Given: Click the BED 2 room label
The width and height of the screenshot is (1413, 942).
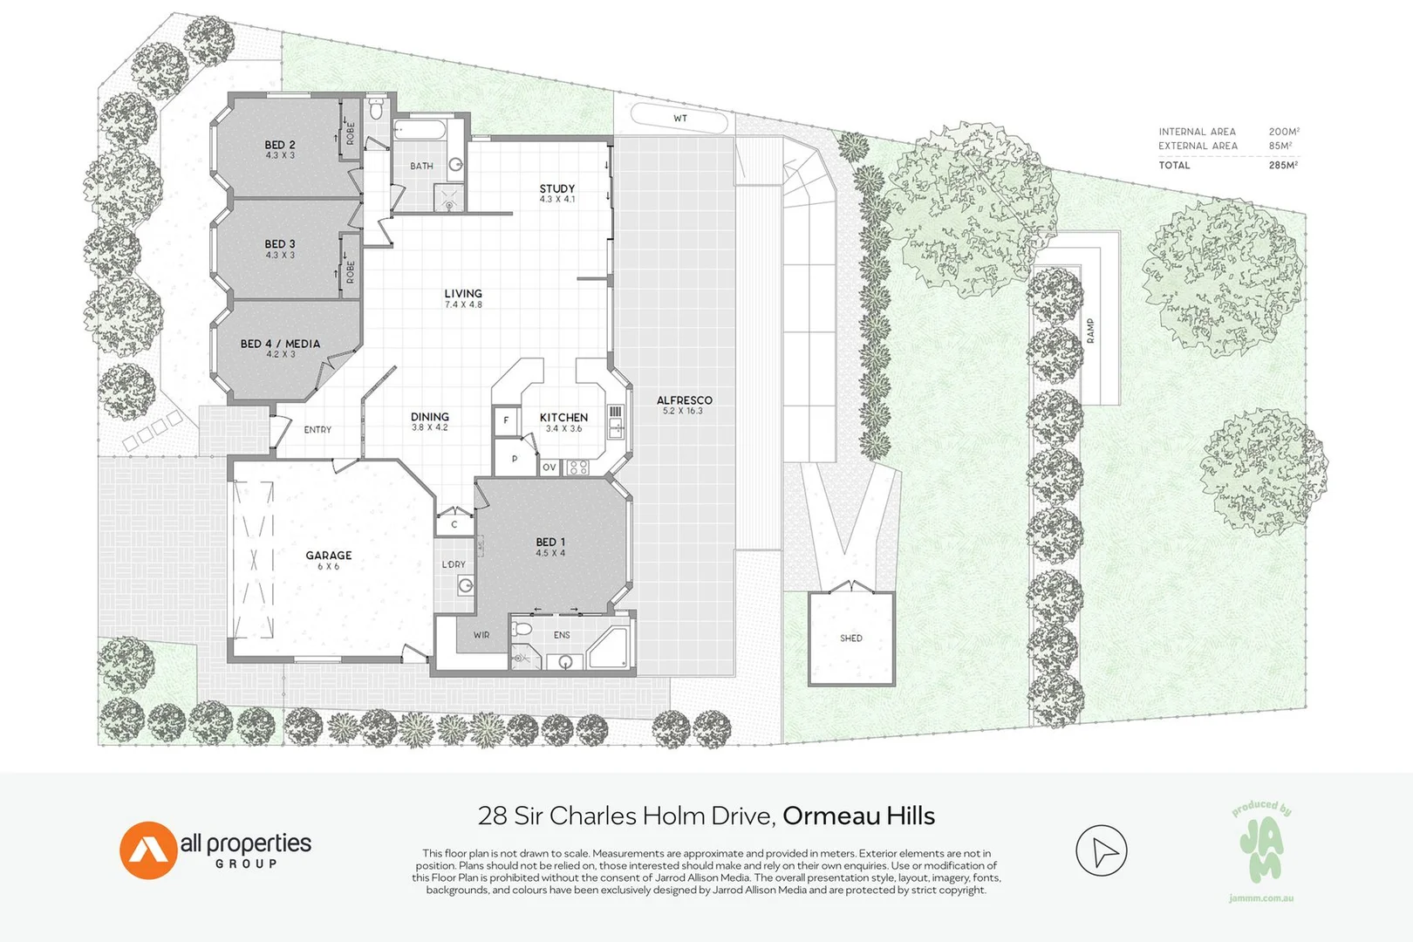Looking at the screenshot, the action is pos(280,145).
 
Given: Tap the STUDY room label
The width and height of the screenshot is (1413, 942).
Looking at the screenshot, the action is pos(557,188).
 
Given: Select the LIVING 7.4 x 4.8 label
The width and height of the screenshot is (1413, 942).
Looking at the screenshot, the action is pos(463,298).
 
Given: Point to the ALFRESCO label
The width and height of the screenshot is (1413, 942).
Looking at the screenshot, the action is pos(685,400).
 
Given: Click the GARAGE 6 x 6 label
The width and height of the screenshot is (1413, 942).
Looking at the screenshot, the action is pos(329,560).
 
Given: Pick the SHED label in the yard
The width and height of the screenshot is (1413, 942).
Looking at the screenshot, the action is pos(851,638).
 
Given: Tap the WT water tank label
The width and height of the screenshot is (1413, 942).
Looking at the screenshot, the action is pos(680,118).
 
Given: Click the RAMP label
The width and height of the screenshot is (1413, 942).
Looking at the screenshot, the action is pos(1090,331).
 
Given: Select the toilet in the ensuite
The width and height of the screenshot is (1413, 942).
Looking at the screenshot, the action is pos(521,628).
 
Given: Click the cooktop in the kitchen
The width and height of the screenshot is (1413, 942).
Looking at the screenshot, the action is pos(578,468).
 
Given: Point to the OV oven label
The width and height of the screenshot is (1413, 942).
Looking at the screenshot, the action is pos(549,468).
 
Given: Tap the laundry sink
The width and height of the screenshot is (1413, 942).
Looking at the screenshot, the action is pos(466,586).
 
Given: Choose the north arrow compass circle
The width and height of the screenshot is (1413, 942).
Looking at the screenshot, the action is pos(1102,850).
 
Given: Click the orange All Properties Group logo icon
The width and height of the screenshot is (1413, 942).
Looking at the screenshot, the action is pos(148,850).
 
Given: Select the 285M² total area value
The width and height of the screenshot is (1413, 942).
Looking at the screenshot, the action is pos(1284,166).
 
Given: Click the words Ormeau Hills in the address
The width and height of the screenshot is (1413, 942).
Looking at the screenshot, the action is pos(858,816).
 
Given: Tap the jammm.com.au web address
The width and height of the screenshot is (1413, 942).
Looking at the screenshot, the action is pos(1261,898).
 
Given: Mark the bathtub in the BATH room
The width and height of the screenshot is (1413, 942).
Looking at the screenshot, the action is pos(420,130).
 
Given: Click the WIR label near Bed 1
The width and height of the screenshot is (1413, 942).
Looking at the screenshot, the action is pos(481,635).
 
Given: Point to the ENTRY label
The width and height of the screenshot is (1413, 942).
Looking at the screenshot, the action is pos(317,430).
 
